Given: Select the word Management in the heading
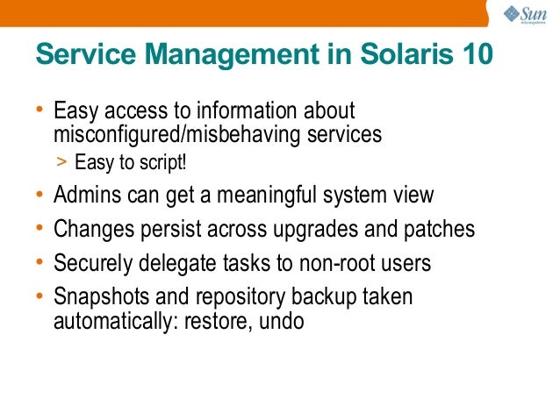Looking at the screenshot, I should coord(229,54).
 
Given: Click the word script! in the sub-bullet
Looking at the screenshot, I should coord(164,163).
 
